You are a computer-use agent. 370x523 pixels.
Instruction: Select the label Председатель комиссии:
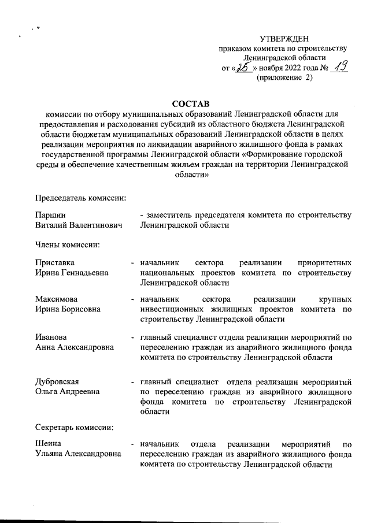(80, 198)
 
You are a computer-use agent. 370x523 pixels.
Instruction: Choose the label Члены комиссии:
(68, 244)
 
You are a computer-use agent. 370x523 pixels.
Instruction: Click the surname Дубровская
(57, 382)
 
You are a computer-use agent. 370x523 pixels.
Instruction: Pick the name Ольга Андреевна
(66, 392)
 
